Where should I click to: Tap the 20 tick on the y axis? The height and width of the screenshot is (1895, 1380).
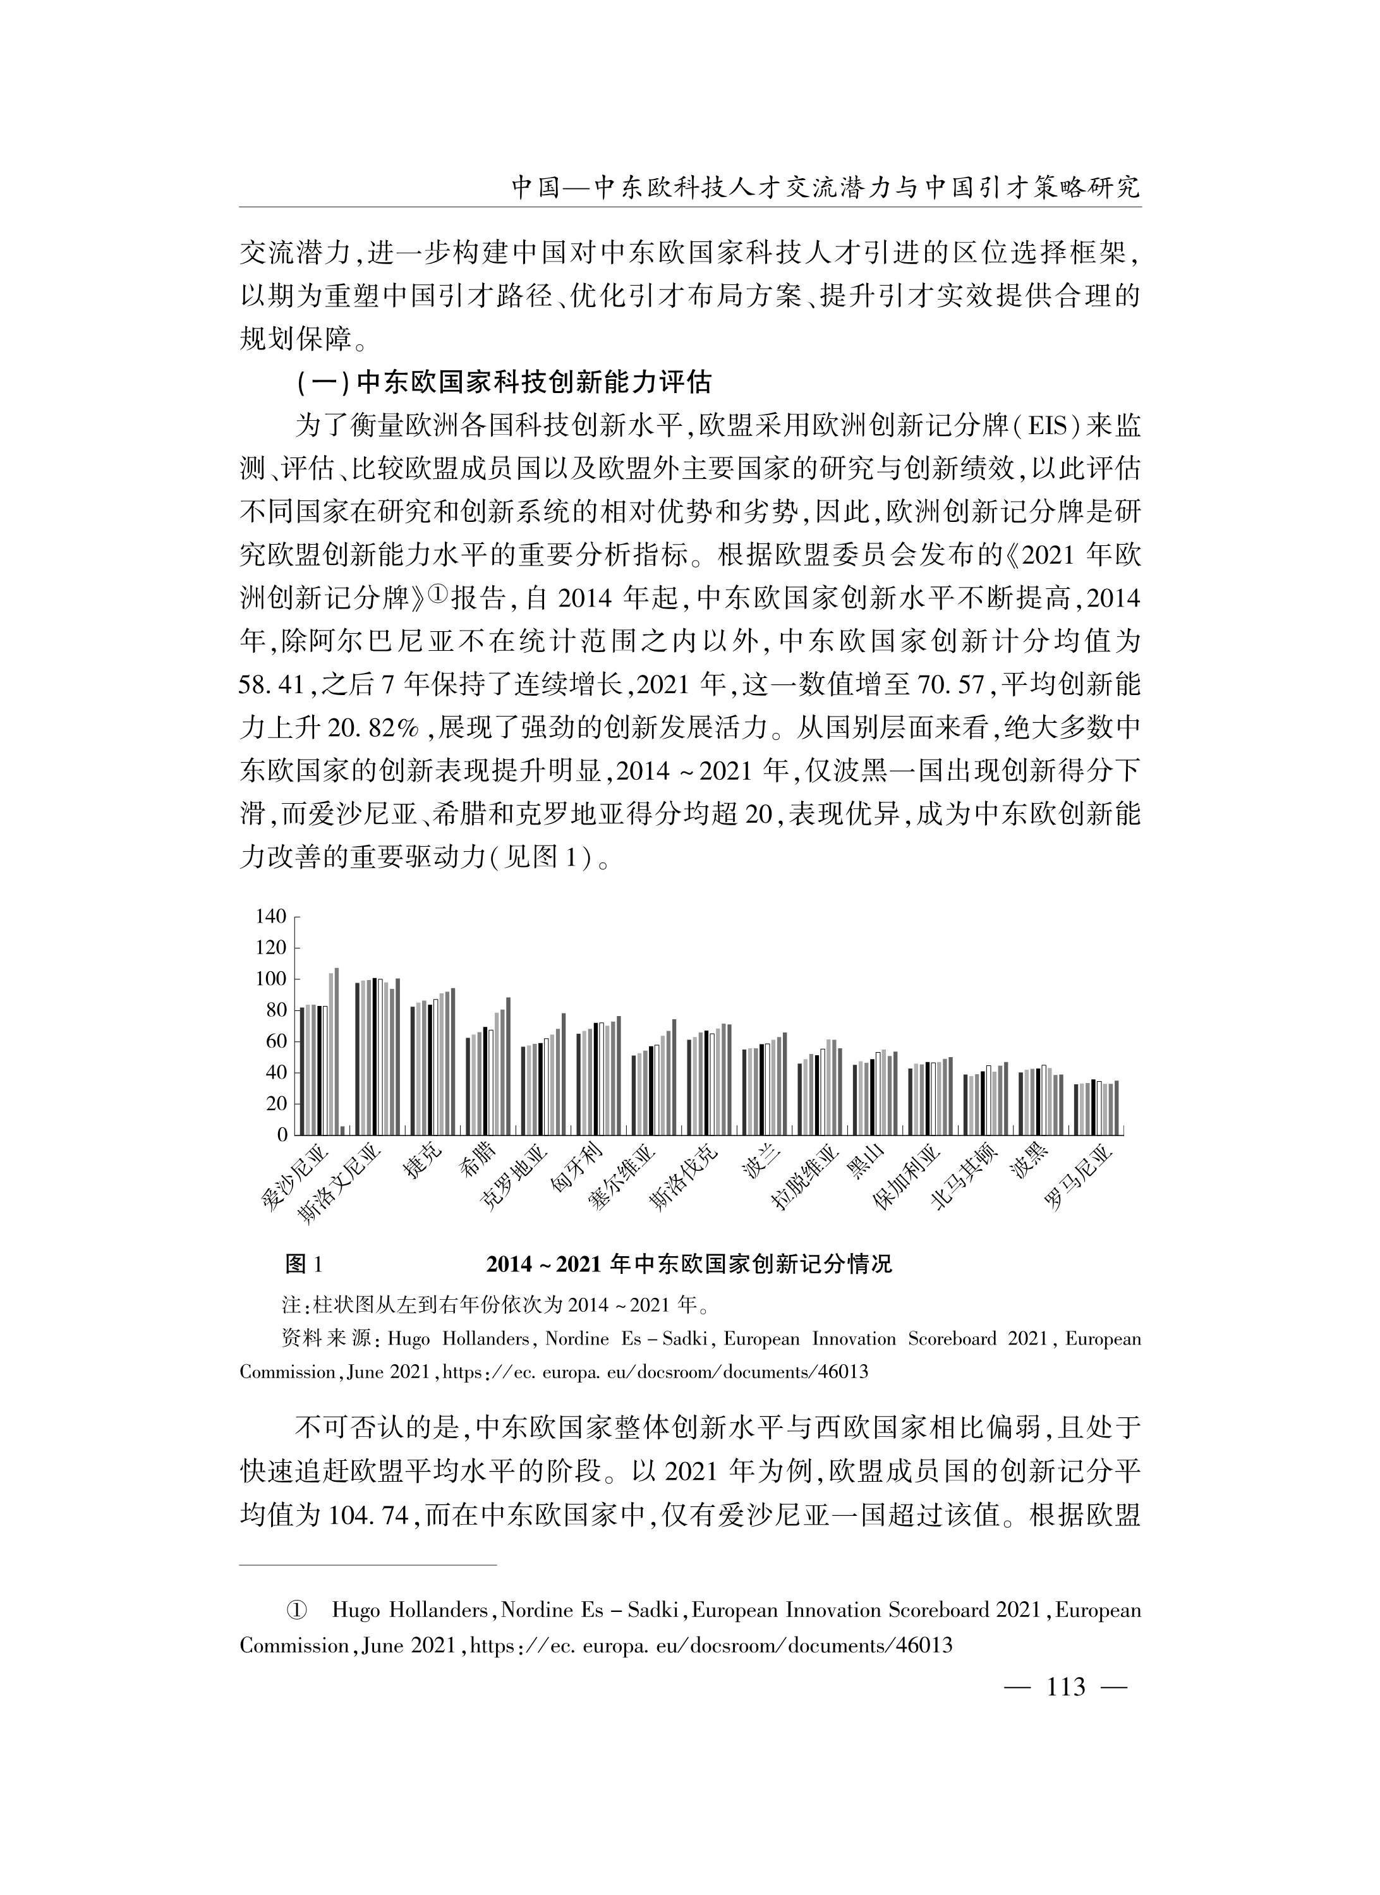[x=275, y=1104]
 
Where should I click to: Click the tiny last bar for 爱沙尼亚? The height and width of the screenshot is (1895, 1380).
[x=342, y=1130]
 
